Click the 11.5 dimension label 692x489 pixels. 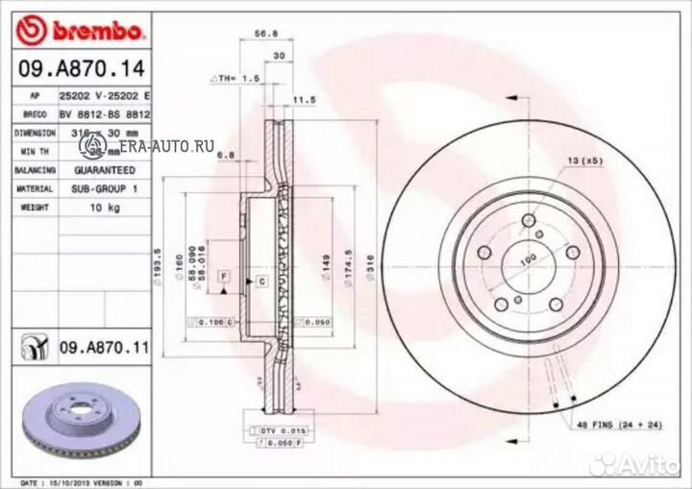304,98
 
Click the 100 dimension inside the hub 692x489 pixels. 527,259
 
